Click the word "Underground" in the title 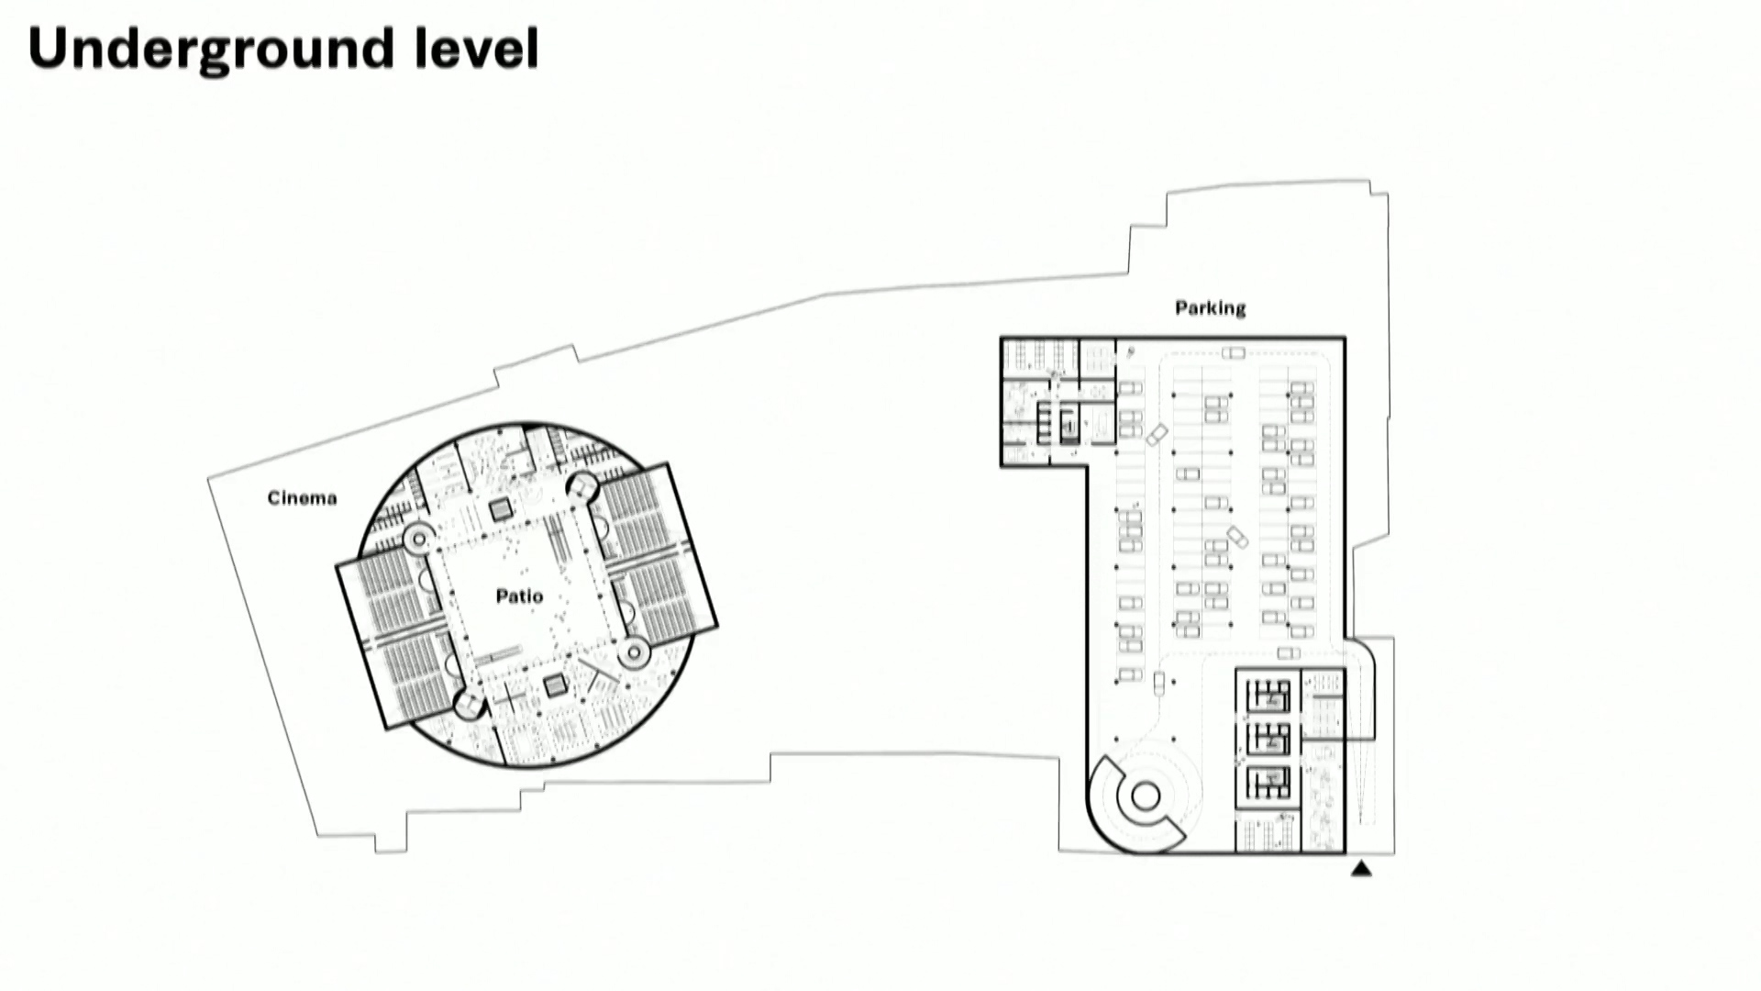[210, 50]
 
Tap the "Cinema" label [303, 498]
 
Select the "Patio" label [519, 596]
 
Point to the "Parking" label [1211, 308]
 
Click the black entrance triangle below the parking [1361, 868]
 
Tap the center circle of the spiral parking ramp [1146, 796]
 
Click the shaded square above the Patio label [500, 509]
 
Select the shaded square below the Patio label [555, 685]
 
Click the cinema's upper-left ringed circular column [418, 539]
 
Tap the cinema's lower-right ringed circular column [633, 652]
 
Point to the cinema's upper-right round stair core [582, 486]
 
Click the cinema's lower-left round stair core [469, 705]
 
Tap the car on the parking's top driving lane [1234, 353]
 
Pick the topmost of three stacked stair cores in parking [1269, 696]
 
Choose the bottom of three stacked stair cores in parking [1269, 781]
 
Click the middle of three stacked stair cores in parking [1269, 739]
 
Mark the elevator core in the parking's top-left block [1069, 426]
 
